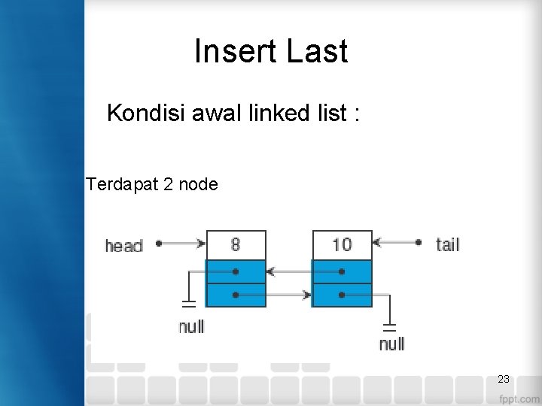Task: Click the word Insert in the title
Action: (235, 52)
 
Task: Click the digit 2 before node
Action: (167, 183)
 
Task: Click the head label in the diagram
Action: (123, 246)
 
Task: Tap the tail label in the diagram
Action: (447, 244)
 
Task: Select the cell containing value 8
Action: (236, 244)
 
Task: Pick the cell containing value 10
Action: (342, 244)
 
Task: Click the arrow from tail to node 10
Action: (395, 243)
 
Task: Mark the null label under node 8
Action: (191, 327)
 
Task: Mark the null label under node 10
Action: (391, 344)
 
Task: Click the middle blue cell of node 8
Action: (236, 271)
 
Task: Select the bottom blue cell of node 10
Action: (342, 295)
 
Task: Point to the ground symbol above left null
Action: (188, 304)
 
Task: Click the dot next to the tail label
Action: (418, 243)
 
